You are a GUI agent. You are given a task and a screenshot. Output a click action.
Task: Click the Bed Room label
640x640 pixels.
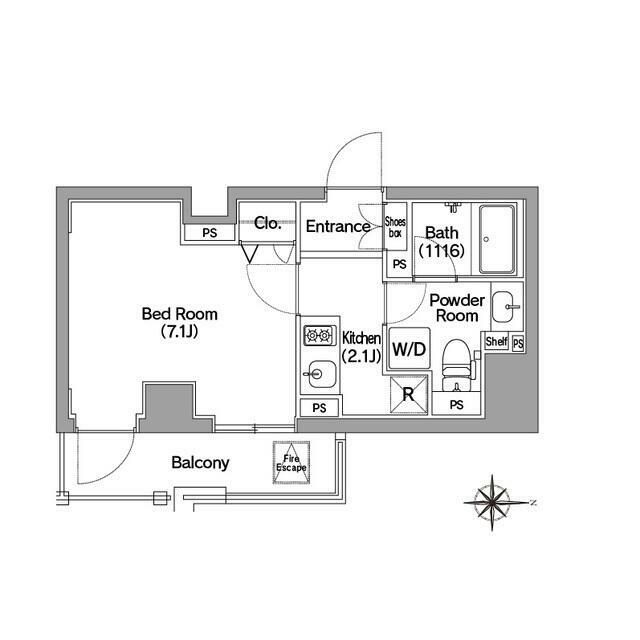[x=179, y=322]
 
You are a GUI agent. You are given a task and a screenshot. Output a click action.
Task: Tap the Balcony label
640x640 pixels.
[x=200, y=463]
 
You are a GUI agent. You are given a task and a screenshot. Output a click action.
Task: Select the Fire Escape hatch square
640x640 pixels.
[x=292, y=464]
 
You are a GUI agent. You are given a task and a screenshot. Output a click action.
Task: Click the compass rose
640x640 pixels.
[x=494, y=500]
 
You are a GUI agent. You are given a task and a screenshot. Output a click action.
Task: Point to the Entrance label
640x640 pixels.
[x=338, y=226]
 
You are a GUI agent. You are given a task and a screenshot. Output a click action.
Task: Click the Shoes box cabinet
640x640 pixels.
[x=396, y=228]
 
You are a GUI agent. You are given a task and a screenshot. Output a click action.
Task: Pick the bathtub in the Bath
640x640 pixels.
[x=497, y=240]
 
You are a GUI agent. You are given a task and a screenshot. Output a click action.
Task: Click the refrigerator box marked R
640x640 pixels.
[x=407, y=394]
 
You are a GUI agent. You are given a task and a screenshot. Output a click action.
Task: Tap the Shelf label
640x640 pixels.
[x=496, y=342]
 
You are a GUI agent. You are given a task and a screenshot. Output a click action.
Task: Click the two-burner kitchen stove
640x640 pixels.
[x=318, y=337]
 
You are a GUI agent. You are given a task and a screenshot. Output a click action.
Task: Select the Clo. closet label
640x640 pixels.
[x=267, y=224]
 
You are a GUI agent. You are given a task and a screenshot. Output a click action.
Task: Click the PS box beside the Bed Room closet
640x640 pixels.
[x=210, y=233]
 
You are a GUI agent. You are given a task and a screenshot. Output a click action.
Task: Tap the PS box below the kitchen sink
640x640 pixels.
[x=319, y=408]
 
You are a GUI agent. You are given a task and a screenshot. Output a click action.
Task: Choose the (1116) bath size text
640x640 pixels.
[x=440, y=251]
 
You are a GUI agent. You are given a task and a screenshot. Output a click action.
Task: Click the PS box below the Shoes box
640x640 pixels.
[x=399, y=264]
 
